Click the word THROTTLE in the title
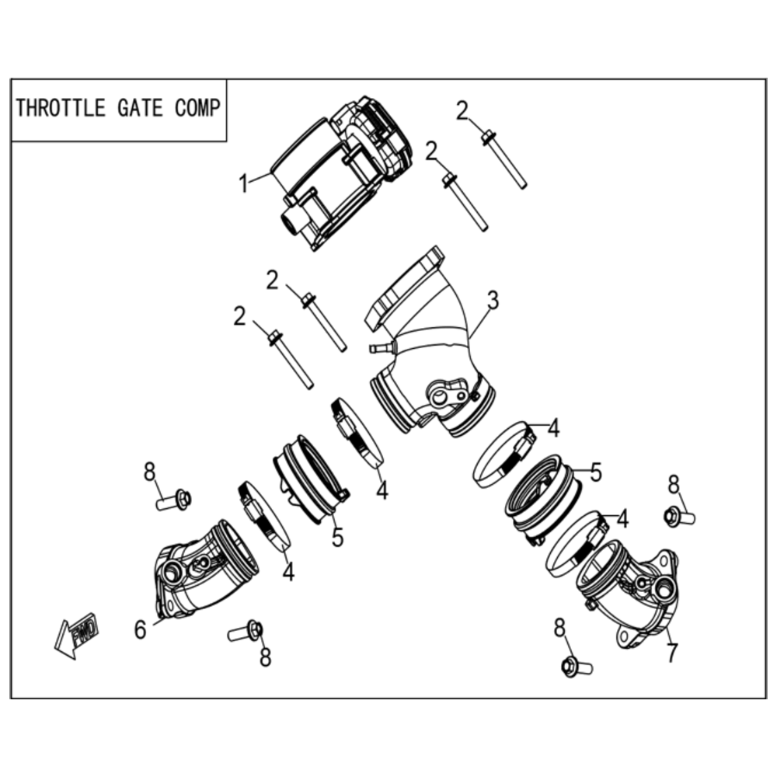tap(61, 108)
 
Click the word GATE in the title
tap(140, 108)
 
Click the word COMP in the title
tap(197, 108)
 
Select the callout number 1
tap(243, 184)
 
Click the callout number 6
tap(141, 630)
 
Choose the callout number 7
tap(671, 653)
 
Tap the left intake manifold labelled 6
tap(206, 570)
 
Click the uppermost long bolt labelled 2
tap(503, 159)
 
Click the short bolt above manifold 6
tap(174, 500)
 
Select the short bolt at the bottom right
tap(577, 667)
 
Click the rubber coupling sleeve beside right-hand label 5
tap(542, 498)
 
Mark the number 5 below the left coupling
tap(337, 537)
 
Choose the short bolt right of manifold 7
tap(679, 517)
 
